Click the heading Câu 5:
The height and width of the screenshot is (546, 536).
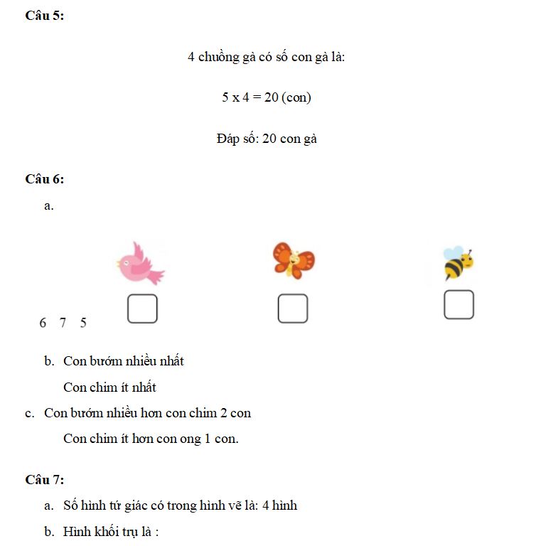(44, 16)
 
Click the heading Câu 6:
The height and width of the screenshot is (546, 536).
(44, 179)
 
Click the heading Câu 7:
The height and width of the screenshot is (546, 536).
(44, 480)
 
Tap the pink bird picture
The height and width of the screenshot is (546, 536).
(140, 263)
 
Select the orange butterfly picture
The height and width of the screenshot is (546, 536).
(293, 260)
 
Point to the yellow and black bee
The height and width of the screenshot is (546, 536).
(458, 263)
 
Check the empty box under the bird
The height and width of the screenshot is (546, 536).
(142, 309)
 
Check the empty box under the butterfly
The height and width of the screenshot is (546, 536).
(293, 309)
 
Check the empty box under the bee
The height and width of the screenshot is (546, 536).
(459, 304)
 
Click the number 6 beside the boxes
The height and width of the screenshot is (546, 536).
(43, 323)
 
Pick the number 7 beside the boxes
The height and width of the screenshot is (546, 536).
(63, 323)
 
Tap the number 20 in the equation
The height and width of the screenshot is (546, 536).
(270, 97)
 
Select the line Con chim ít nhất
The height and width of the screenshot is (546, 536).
(109, 387)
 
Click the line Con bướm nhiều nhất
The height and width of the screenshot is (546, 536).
(123, 361)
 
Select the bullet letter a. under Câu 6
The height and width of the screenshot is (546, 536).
(48, 206)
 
